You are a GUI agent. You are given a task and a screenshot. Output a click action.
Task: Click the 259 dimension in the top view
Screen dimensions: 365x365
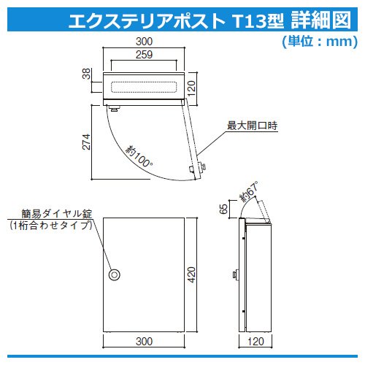[144, 55]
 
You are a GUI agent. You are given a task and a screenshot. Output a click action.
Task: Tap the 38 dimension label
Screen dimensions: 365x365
[86, 74]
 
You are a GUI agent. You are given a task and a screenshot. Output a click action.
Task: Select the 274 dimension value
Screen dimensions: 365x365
[86, 142]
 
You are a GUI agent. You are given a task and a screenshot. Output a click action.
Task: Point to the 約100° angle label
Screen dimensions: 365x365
[139, 156]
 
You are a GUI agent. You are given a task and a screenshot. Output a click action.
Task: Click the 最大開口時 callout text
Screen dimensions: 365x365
[252, 126]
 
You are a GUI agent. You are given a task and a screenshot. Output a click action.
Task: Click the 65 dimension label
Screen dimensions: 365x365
[223, 209]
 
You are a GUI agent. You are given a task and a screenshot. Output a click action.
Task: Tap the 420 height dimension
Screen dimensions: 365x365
[192, 274]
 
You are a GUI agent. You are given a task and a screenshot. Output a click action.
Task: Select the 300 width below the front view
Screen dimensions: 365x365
[144, 341]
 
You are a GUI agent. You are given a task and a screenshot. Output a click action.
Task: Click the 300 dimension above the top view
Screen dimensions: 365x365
[144, 42]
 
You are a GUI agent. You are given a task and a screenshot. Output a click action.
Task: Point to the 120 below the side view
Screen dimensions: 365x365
[255, 342]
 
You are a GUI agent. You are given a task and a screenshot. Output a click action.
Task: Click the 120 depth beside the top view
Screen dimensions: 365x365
[192, 88]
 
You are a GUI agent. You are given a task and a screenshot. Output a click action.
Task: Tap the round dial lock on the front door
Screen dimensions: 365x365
[115, 274]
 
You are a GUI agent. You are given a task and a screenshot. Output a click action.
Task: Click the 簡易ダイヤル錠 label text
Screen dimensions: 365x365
[57, 214]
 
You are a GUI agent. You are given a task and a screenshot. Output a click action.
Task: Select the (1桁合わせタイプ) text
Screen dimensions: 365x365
[51, 226]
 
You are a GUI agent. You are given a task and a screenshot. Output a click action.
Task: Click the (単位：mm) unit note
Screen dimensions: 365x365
[320, 42]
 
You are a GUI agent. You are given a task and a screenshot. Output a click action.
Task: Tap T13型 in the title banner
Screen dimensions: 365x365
[258, 20]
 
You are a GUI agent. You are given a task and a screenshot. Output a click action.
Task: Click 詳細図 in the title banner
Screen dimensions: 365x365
[321, 20]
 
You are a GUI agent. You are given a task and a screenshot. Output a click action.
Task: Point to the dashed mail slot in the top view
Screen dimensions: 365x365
[144, 87]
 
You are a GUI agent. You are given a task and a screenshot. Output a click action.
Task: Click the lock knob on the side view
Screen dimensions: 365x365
[236, 274]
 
